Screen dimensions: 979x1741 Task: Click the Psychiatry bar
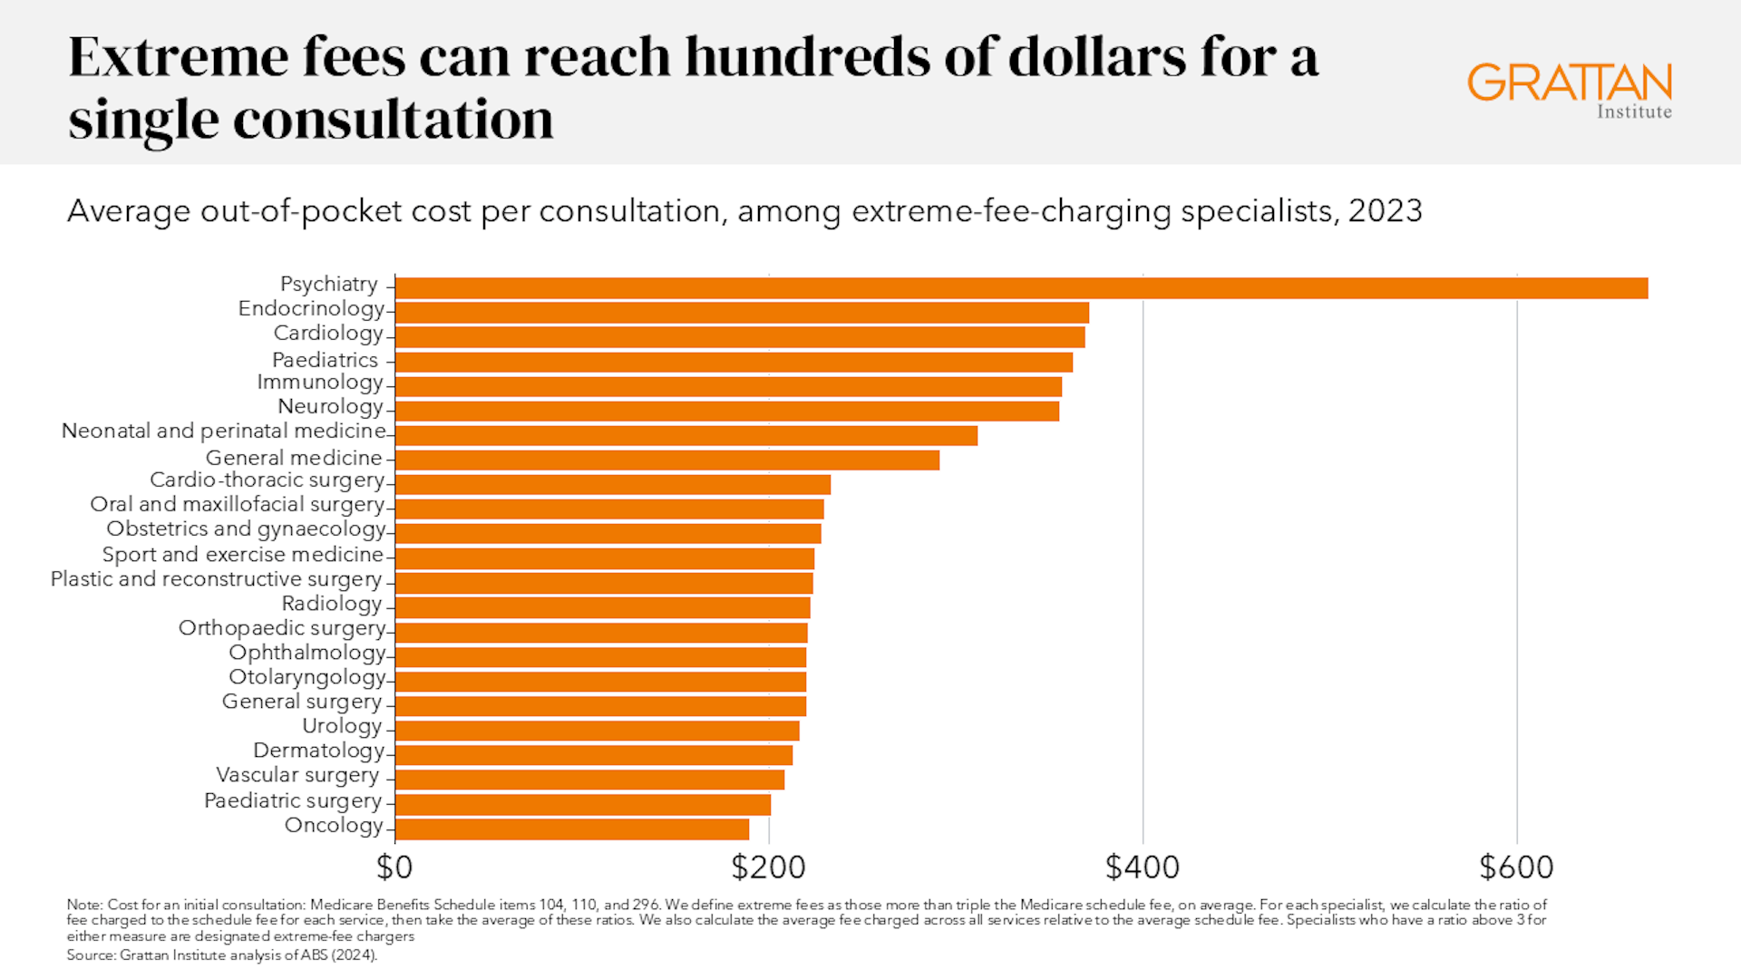1021,288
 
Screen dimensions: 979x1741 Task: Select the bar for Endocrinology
742,313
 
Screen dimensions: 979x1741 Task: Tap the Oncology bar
572,829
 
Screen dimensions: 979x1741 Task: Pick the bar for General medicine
667,460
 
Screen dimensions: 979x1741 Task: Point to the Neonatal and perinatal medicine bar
686,435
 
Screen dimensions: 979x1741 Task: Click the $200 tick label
768,868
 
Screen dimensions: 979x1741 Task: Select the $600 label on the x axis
1516,868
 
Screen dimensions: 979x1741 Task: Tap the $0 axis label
394,868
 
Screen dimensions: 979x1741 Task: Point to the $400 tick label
1143,868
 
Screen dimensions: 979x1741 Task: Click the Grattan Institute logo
1570,90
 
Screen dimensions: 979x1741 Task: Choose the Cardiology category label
328,334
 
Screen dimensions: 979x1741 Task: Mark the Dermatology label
319,751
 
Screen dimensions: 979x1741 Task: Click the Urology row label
342,726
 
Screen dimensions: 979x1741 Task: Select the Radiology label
332,604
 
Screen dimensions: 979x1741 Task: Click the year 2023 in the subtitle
1385,211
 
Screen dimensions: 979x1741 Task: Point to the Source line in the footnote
221,955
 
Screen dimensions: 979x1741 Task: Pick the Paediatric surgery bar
583,804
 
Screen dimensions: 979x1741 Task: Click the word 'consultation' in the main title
393,120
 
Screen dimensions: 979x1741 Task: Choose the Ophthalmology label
307,653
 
